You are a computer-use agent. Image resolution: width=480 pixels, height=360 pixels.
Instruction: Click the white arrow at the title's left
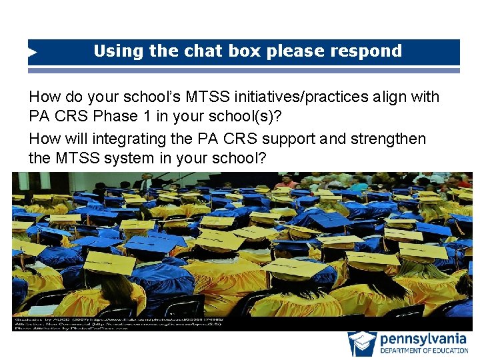(x=33, y=51)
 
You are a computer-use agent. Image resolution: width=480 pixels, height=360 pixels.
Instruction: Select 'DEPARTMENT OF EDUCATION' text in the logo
(x=423, y=351)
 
